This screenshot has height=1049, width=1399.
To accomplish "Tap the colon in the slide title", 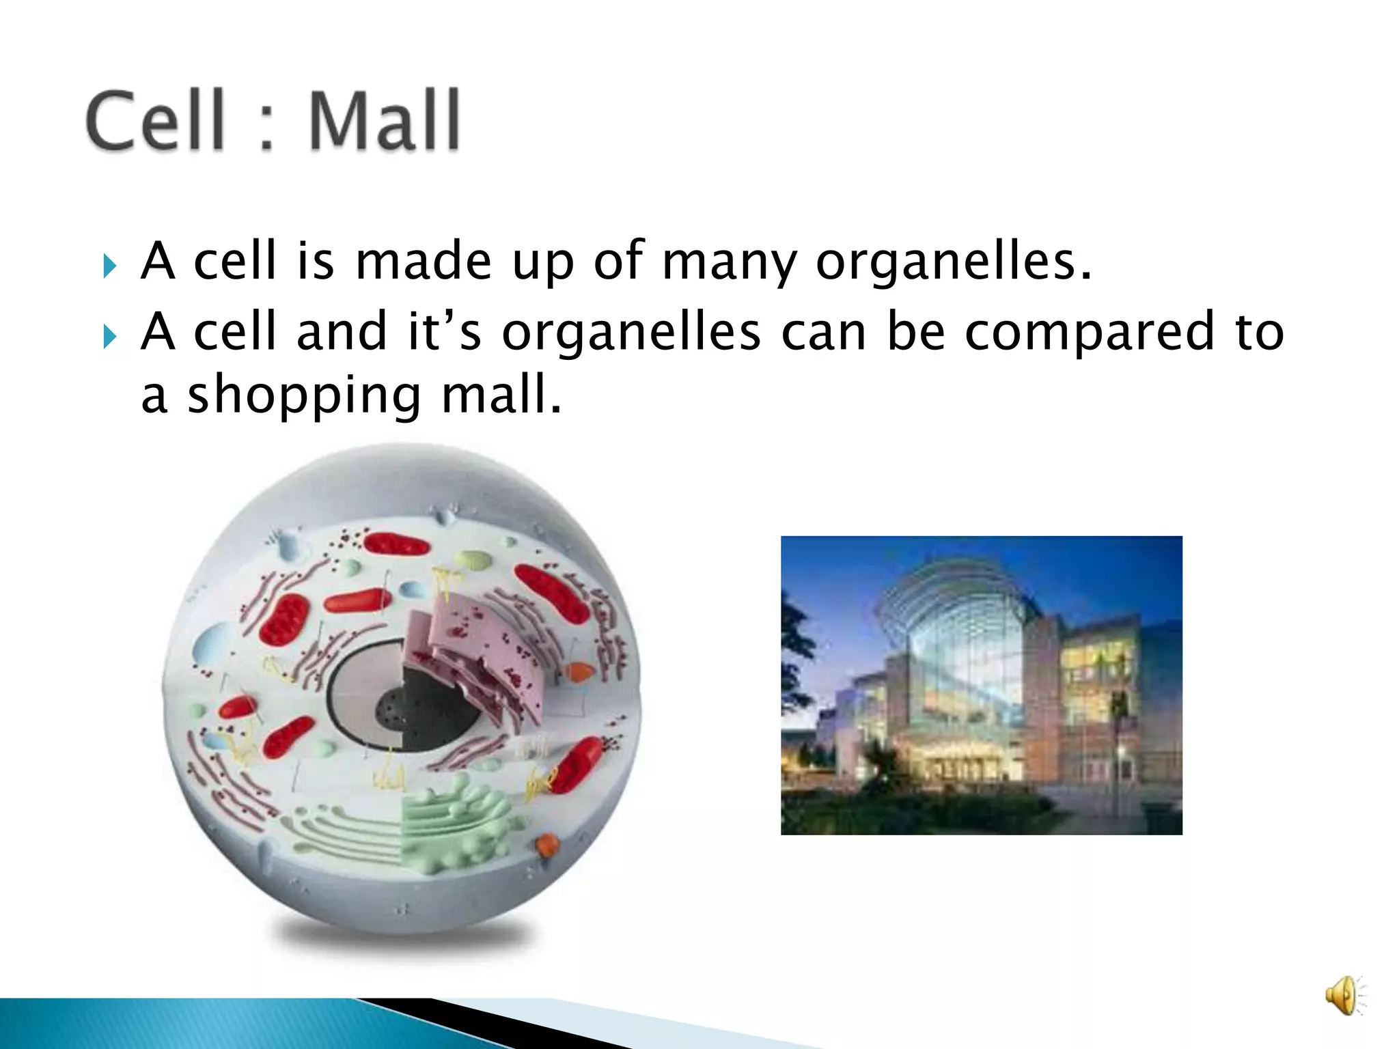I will pos(267,126).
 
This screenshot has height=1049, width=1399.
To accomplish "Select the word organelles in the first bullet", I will pos(952,262).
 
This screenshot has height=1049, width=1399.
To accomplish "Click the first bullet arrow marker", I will pos(110,265).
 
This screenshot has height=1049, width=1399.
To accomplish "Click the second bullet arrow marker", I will pos(110,335).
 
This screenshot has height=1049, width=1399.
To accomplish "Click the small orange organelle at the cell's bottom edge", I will pos(547,846).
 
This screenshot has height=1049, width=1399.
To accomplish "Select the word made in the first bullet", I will pos(423,262).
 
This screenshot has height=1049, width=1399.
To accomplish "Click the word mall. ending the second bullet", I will pos(501,396).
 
